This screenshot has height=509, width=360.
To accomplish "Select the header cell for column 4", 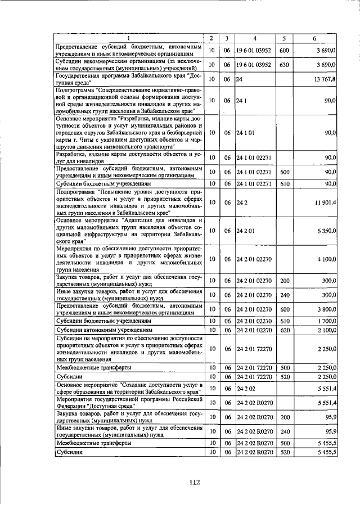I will coord(255,38).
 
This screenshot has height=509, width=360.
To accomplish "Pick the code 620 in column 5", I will coord(284,330).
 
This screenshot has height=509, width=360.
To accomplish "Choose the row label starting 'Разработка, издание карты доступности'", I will coord(128,157).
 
